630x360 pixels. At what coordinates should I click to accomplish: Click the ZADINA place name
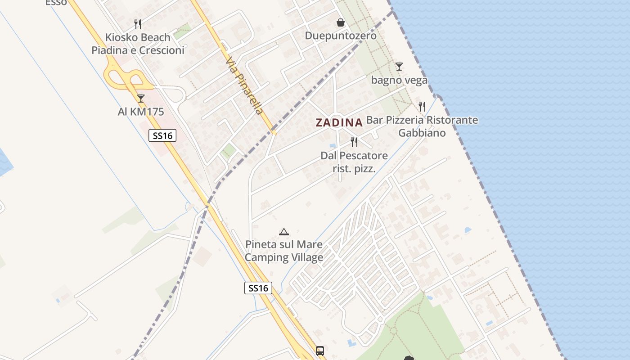tap(339, 122)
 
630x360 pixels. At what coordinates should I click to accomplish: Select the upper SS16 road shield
tap(162, 135)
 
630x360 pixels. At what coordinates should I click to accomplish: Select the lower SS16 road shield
tap(258, 288)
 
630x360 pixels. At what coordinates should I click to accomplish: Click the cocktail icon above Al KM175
tap(141, 99)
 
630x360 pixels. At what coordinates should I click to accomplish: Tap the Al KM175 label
tap(141, 112)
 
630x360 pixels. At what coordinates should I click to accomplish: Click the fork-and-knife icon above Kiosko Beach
tap(138, 23)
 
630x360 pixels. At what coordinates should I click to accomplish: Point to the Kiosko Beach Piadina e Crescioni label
tap(138, 44)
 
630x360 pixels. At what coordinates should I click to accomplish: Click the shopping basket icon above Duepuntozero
tap(341, 22)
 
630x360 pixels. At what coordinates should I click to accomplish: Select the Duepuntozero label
tap(341, 35)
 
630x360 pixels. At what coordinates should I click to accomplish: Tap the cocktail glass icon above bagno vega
tap(399, 67)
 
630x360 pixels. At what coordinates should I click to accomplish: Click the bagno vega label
tap(399, 80)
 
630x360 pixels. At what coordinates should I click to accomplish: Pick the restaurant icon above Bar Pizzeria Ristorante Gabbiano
tap(422, 107)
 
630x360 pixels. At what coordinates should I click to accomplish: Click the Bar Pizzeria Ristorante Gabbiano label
tap(422, 126)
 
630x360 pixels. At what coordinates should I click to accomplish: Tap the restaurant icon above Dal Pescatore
tap(354, 142)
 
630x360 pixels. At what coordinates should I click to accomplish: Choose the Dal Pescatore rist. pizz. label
tap(354, 162)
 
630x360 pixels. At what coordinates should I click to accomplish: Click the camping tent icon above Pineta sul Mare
tap(283, 232)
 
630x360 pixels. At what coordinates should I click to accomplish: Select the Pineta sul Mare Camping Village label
tap(284, 251)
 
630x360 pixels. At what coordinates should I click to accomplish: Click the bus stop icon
tap(320, 351)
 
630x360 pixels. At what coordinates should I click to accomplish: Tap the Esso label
tap(56, 3)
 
